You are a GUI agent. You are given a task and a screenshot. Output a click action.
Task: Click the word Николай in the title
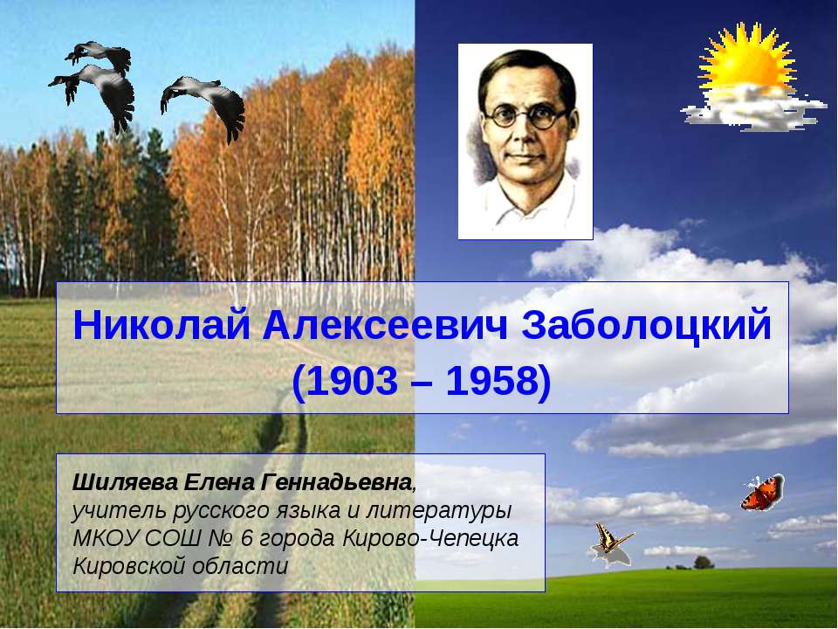point(161,327)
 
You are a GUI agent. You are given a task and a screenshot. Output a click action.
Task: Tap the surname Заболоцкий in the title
point(646,327)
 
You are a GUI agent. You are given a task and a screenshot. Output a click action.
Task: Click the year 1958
point(496,381)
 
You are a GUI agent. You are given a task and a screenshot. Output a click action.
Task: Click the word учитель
point(107,509)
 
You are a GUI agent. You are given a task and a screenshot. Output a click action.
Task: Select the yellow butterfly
point(610,541)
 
